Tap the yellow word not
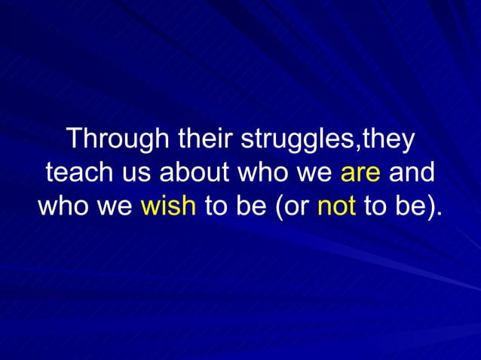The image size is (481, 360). [337, 205]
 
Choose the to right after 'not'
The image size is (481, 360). [375, 205]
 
